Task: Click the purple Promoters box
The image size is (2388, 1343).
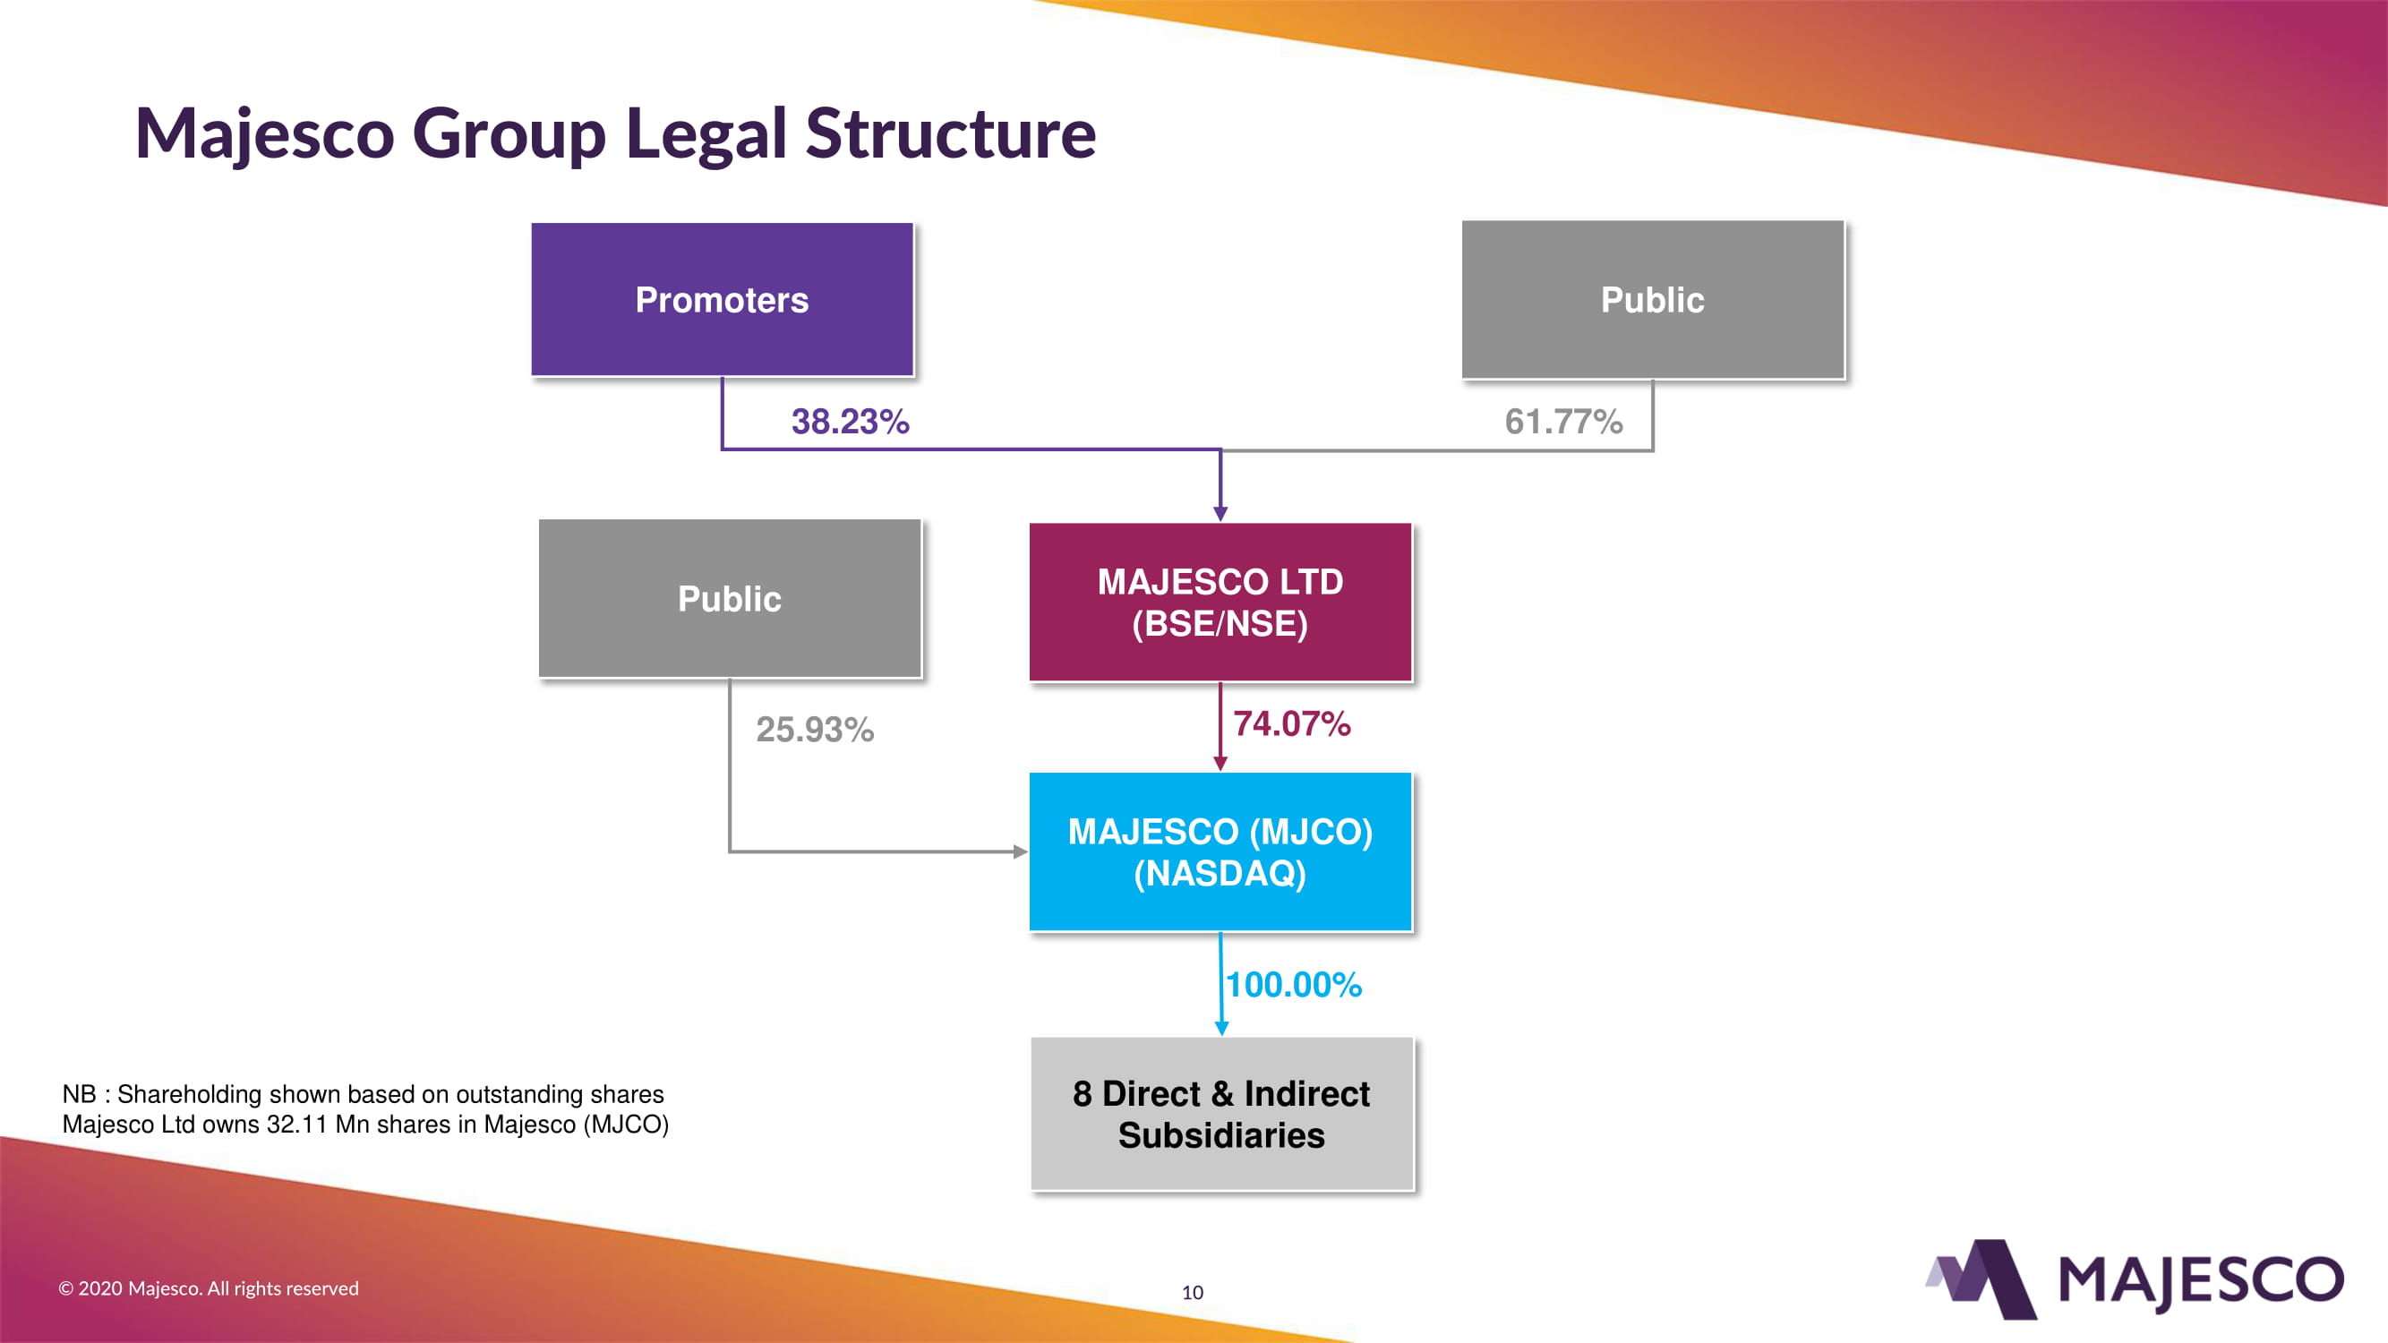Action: click(721, 299)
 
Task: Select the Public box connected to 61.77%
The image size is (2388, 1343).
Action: click(1652, 299)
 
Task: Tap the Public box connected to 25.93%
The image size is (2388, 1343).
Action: click(730, 599)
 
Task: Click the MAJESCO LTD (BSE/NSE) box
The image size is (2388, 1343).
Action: click(1220, 603)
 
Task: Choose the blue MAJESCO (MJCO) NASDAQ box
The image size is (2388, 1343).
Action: click(1220, 851)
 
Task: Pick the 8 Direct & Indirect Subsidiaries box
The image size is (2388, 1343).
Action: click(1221, 1114)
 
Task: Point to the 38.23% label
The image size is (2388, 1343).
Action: click(850, 422)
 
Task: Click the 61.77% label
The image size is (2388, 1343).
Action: click(1563, 422)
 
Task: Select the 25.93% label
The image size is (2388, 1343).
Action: click(815, 730)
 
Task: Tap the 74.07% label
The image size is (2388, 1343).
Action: click(1291, 723)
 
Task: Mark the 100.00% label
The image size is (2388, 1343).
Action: click(1294, 984)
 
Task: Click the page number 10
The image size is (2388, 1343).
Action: click(1192, 1292)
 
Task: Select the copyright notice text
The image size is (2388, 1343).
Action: click(209, 1288)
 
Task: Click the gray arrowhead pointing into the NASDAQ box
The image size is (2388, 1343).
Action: click(1021, 851)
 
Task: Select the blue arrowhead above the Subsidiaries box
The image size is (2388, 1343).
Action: click(1221, 1028)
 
